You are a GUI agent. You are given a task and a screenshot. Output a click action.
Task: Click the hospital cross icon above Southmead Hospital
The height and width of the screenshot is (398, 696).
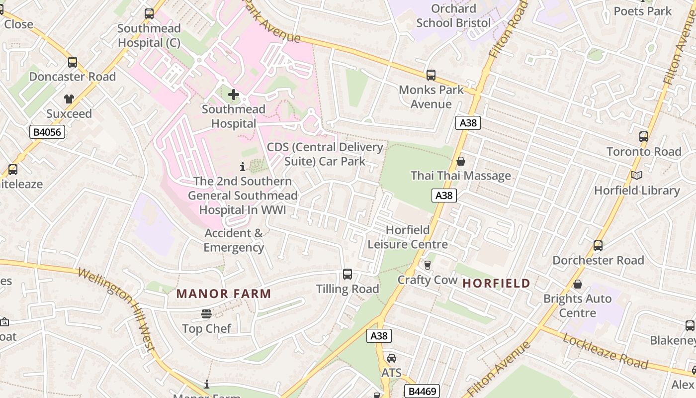[x=233, y=95]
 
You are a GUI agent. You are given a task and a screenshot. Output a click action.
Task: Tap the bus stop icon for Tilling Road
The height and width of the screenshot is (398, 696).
[x=348, y=274]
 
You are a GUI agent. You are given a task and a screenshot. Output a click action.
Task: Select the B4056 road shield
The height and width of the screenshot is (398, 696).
[x=47, y=132]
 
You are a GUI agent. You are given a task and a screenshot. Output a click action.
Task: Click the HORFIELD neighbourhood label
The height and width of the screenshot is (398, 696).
[x=496, y=284]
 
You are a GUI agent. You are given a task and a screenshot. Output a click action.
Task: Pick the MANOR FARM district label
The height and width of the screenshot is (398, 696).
[x=224, y=294]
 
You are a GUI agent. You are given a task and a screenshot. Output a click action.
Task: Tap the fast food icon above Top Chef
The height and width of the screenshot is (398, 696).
[x=206, y=314]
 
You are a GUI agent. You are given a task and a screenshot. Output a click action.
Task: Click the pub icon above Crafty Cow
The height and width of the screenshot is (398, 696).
[x=427, y=265]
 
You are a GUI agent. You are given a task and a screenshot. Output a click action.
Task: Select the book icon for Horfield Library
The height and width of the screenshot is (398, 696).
[x=637, y=175]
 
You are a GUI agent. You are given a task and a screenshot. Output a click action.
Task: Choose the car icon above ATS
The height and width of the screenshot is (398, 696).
[x=391, y=358]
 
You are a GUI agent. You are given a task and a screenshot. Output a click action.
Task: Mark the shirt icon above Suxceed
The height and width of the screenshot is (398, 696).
[x=69, y=99]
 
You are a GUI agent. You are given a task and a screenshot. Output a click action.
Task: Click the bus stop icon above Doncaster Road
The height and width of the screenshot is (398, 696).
[x=73, y=62]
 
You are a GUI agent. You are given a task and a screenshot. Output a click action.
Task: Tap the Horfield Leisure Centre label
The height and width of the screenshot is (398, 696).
[x=408, y=237]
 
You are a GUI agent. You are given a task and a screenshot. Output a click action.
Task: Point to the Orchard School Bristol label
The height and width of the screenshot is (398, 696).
[x=453, y=16]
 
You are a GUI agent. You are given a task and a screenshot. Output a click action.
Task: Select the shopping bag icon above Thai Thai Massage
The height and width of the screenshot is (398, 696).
[x=461, y=161]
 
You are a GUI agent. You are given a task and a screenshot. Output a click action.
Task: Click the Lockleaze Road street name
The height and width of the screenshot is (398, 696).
[x=605, y=351]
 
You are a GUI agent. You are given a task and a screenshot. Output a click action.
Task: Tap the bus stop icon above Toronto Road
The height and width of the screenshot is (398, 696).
[x=644, y=137]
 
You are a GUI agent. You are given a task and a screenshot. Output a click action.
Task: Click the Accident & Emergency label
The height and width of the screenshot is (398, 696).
[x=234, y=240]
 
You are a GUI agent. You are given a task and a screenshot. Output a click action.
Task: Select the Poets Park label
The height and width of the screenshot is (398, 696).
[x=642, y=11]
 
